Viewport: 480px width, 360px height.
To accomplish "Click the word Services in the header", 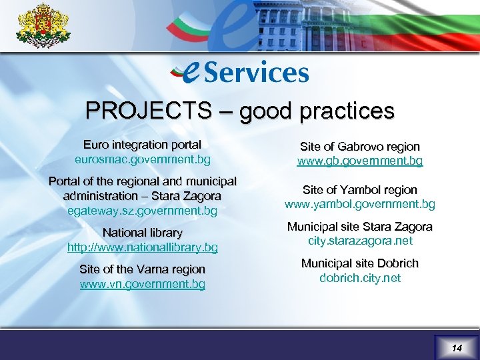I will pos(256,73).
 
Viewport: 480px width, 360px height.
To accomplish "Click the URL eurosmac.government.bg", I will pos(142,160).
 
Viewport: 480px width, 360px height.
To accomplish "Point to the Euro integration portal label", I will pos(142,145).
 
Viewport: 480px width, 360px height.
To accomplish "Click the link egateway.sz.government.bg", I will pos(142,211).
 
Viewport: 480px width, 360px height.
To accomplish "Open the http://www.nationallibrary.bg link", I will pos(142,247).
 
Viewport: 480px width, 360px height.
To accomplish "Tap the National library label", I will pos(142,233).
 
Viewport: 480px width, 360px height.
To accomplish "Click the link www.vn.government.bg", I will pos(142,285).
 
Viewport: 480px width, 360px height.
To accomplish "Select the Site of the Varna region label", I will pos(142,269).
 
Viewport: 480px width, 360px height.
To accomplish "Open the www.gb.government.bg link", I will pos(360,161).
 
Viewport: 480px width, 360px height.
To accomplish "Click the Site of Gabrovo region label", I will pos(360,146).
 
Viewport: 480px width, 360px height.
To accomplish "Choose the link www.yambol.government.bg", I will pos(360,204).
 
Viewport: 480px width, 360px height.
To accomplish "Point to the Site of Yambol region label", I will pos(360,190).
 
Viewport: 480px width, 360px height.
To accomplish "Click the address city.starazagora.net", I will pos(360,241).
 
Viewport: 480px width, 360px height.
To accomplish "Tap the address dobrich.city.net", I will pos(360,278).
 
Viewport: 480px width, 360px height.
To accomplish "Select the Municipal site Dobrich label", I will pos(360,263).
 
